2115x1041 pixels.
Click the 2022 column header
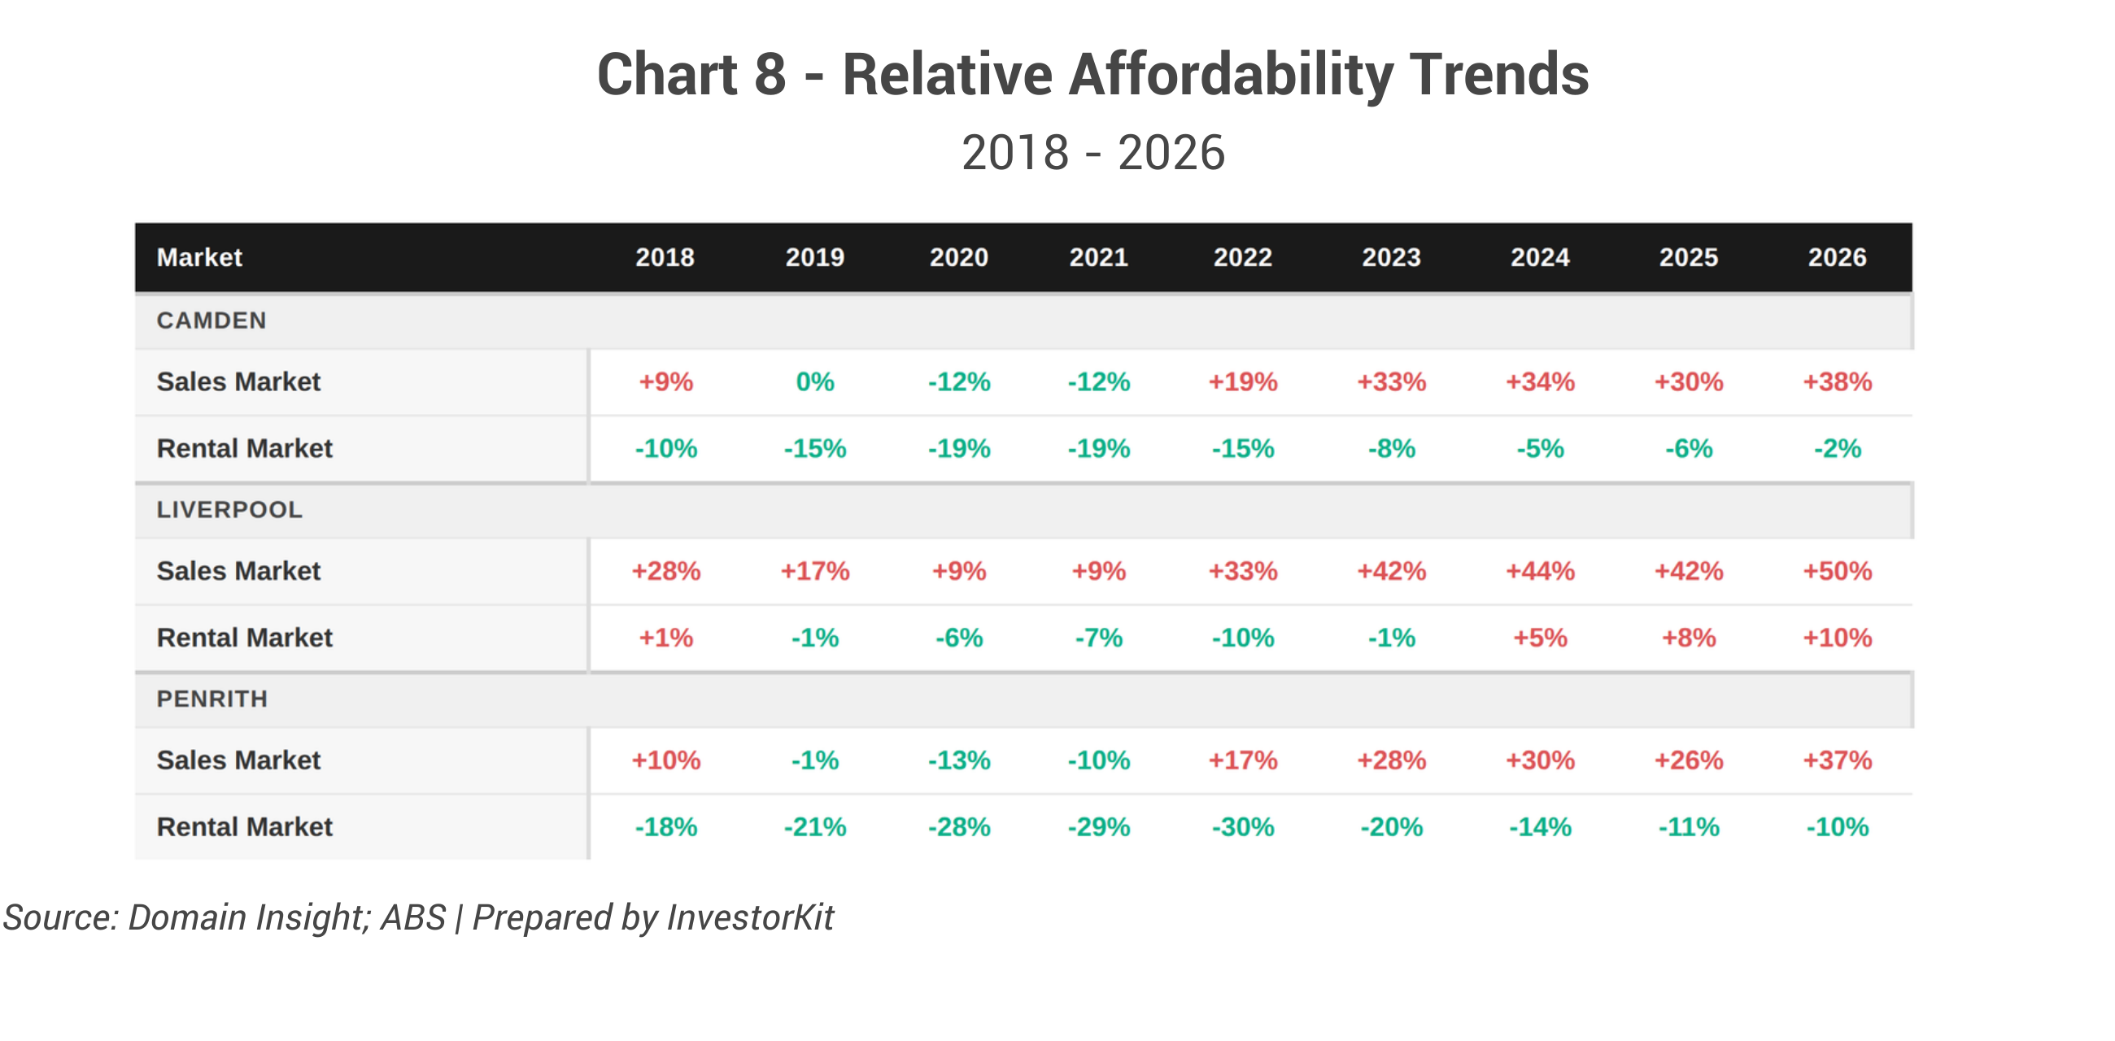(x=1242, y=257)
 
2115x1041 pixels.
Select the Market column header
(x=199, y=257)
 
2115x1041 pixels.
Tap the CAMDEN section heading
(x=211, y=320)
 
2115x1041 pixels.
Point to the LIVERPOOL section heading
(x=229, y=509)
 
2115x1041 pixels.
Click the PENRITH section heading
(x=211, y=699)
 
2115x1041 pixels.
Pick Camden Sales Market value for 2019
(x=814, y=381)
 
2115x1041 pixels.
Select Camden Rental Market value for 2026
(x=1837, y=448)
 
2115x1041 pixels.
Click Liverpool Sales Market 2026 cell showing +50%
(x=1837, y=571)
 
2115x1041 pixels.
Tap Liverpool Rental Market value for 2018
(x=666, y=637)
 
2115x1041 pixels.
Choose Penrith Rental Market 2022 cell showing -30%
(x=1242, y=826)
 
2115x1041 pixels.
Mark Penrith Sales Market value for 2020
(x=959, y=760)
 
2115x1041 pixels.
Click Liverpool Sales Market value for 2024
(x=1539, y=571)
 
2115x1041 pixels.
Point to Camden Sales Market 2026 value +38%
(x=1837, y=381)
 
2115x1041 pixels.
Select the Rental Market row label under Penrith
(x=245, y=826)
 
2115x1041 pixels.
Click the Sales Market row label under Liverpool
(x=238, y=571)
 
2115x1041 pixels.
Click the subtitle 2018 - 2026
(x=1092, y=153)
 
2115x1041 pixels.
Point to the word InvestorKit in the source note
(x=750, y=917)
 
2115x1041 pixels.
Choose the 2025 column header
(x=1688, y=257)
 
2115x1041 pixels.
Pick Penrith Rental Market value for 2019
(x=814, y=826)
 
